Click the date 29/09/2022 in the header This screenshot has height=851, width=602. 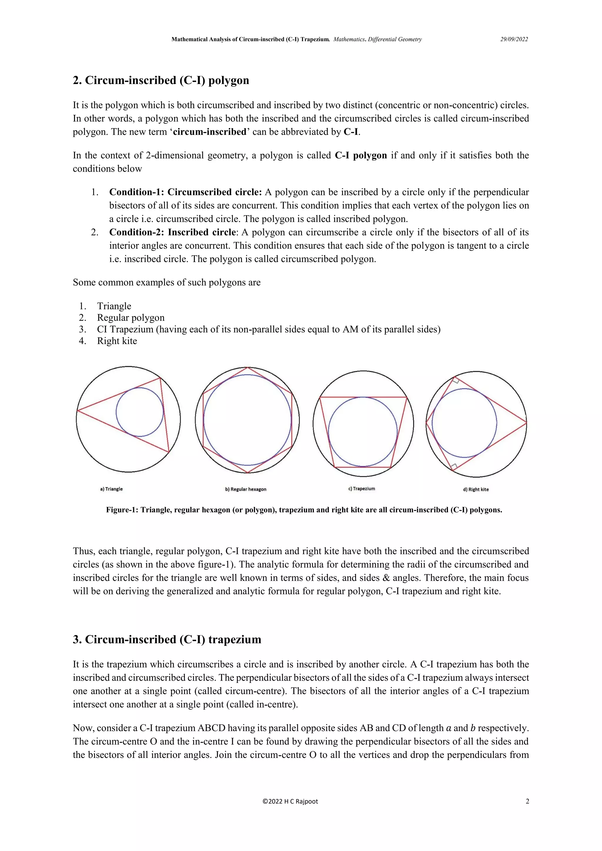coord(514,39)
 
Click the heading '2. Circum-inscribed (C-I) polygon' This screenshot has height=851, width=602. coord(161,81)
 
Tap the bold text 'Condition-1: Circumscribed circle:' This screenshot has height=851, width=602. coord(185,192)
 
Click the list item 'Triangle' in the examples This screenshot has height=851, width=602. coord(114,306)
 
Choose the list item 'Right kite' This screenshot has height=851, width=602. coord(117,341)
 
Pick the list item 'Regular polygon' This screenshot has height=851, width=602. coord(131,318)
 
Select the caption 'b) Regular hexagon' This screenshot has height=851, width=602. coord(245,489)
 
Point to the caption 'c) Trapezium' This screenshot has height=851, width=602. coord(362,488)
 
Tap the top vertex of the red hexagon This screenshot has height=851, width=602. coord(247,368)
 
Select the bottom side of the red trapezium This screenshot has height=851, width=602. coord(362,467)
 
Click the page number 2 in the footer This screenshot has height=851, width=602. coord(527,801)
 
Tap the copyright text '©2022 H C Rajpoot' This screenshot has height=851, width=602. coord(290,801)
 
